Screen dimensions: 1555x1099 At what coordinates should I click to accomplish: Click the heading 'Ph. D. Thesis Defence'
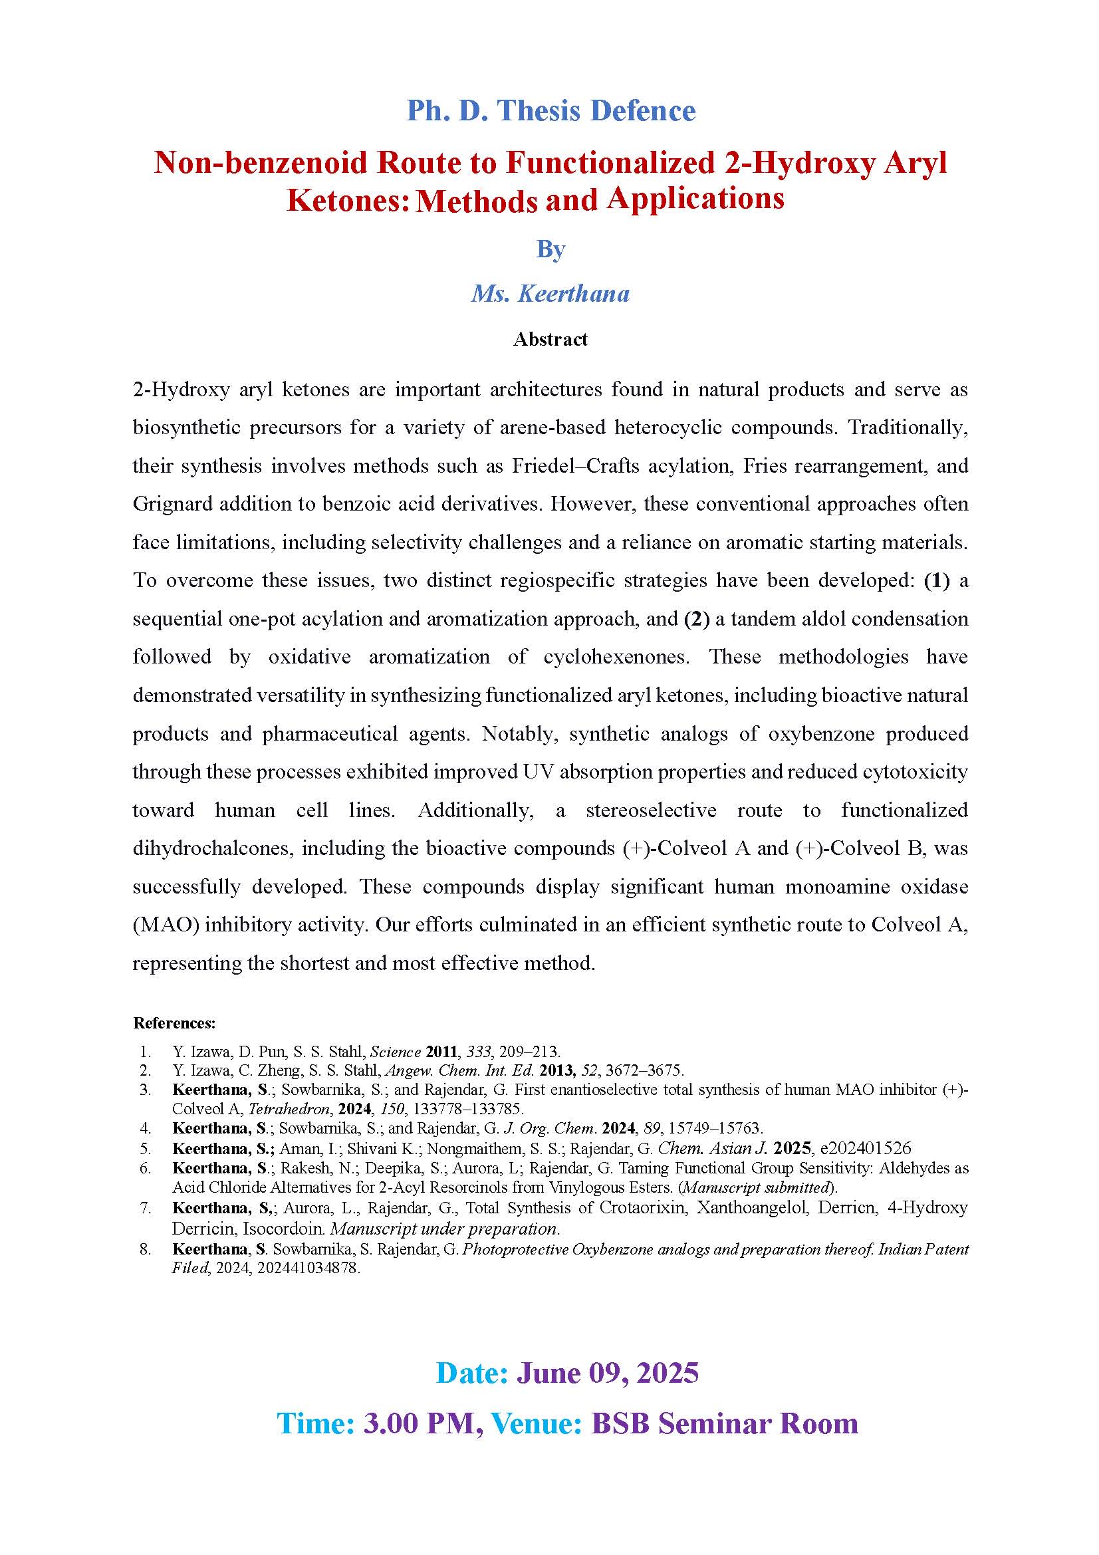[550, 111]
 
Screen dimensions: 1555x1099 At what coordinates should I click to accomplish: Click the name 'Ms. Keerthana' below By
[550, 293]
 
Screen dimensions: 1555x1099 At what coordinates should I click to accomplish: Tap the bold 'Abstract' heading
[550, 339]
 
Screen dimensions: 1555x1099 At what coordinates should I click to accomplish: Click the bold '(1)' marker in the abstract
[937, 580]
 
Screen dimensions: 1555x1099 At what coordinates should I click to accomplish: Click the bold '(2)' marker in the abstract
[697, 619]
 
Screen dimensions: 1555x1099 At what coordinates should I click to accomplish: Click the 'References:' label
[174, 1023]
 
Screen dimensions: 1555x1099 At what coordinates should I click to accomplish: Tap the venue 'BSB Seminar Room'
[724, 1423]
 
